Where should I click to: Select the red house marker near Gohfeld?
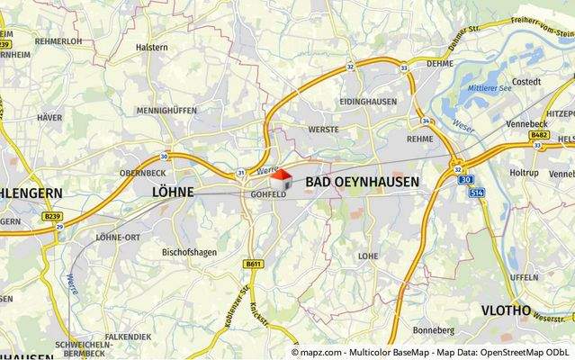coord(282,176)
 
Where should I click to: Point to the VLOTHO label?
coord(506,310)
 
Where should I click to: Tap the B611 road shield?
coord(252,264)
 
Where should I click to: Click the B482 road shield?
coord(540,135)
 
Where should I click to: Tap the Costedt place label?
coord(526,82)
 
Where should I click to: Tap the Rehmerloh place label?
coord(58,41)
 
